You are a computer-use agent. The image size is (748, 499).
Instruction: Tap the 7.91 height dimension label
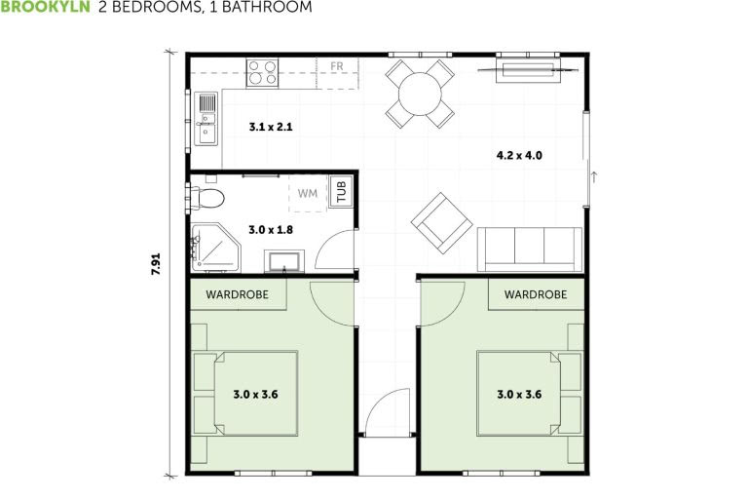pos(156,265)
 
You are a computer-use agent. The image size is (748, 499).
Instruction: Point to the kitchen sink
pos(206,118)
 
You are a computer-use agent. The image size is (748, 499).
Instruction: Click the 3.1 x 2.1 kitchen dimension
pos(271,127)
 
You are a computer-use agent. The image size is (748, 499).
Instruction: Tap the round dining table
pos(420,94)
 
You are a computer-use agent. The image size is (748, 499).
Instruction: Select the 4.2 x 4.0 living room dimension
pos(519,155)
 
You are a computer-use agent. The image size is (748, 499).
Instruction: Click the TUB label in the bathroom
pos(341,192)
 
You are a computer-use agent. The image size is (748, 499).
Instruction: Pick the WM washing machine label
pos(308,193)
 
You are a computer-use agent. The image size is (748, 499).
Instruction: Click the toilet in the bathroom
pos(206,199)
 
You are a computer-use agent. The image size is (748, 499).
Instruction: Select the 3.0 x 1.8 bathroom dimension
pos(271,230)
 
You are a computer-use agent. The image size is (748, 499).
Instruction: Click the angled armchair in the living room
pos(441,222)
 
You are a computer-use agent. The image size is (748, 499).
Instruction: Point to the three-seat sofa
pos(529,249)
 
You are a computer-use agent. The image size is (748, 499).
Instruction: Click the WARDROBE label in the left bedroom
pos(237,293)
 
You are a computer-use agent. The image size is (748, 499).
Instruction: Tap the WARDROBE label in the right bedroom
pos(535,293)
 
